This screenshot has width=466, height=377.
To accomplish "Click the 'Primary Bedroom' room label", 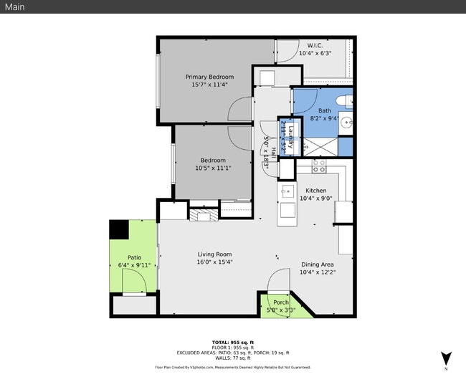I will point(209,77).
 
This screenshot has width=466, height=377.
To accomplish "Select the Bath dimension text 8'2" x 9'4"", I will point(325,120).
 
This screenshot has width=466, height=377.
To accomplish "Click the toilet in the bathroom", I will point(345,100).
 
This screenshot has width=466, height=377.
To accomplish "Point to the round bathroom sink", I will point(346,121).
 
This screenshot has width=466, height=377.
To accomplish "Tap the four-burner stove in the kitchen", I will point(319,166).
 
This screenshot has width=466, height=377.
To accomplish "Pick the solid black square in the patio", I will point(118,230).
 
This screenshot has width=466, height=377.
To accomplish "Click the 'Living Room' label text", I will point(214,254).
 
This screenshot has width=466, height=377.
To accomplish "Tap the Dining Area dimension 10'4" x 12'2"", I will point(318,272).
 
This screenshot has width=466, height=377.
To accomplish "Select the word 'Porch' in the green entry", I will point(281,302).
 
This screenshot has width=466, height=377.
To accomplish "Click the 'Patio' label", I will point(134,257).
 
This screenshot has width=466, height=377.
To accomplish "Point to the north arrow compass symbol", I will point(446,358).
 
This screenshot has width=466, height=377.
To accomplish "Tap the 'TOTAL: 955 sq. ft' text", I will point(233,342).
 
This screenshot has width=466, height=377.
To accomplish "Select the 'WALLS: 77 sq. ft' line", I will point(233,357).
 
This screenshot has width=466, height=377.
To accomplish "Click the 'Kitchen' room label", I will point(316,190).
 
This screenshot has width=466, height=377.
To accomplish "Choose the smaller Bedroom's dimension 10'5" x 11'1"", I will point(213,168).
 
